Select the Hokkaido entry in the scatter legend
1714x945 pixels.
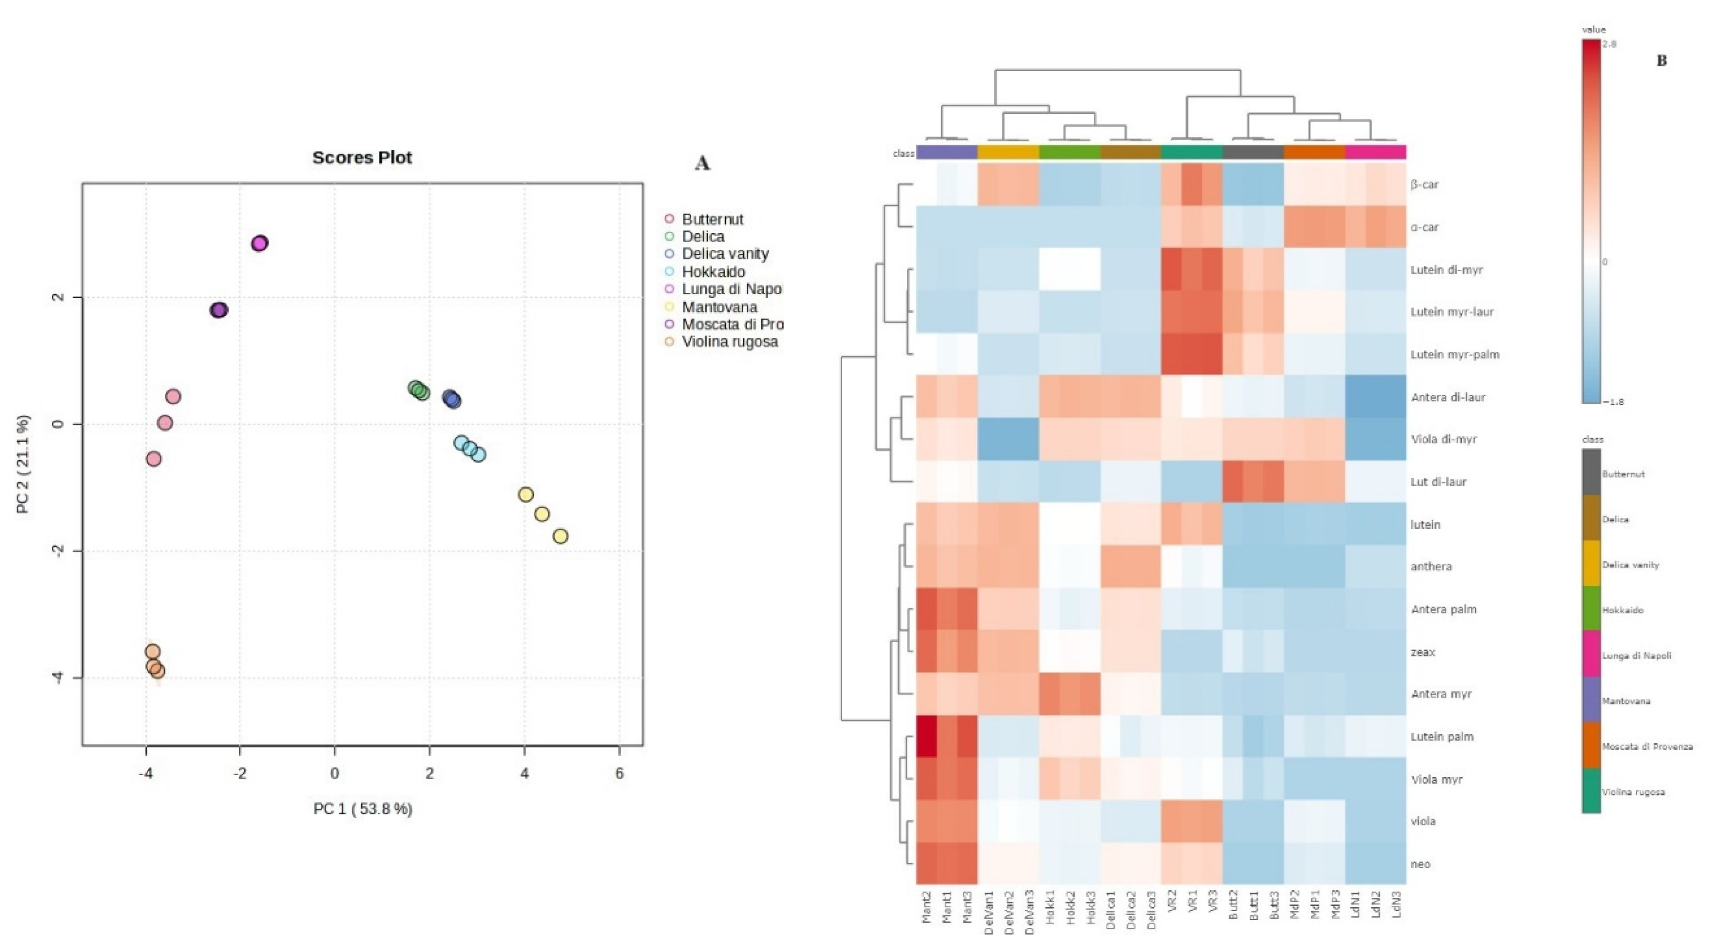click(x=713, y=271)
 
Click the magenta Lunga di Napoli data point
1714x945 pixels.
click(x=259, y=244)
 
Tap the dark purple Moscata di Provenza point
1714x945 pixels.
click(x=218, y=310)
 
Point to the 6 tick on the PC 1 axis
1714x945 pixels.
click(x=620, y=773)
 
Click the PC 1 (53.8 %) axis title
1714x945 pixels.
click(x=363, y=809)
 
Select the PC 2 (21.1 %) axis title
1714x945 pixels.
click(x=23, y=464)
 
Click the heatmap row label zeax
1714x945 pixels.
click(x=1423, y=652)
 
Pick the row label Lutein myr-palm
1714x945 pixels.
click(x=1455, y=355)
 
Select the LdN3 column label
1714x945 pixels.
click(x=1396, y=905)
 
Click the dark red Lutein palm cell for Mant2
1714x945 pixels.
click(x=926, y=737)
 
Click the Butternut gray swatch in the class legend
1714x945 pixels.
click(x=1591, y=472)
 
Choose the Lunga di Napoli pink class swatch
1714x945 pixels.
click(x=1591, y=655)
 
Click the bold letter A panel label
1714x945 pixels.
click(x=702, y=163)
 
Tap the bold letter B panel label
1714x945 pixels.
click(x=1662, y=61)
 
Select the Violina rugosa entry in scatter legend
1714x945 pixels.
click(x=729, y=341)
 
